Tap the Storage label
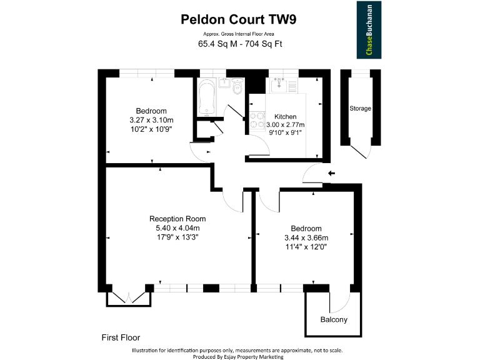[x=360, y=109]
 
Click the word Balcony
[x=334, y=320]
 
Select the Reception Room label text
[x=177, y=219]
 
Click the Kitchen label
[x=286, y=117]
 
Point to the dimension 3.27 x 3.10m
[x=151, y=120]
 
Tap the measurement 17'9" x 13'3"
[x=177, y=237]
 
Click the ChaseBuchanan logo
[x=369, y=29]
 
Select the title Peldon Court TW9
[x=239, y=19]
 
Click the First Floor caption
[x=121, y=338]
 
